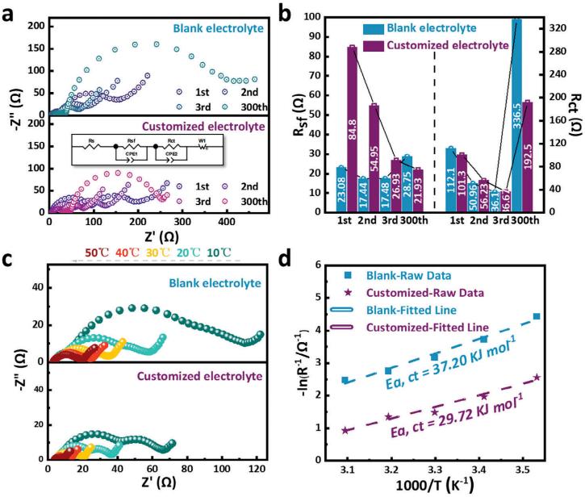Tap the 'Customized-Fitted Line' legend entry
coord(436,327)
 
